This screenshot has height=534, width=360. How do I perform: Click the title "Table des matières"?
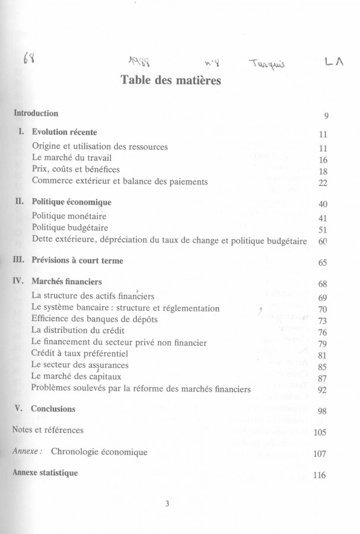171,80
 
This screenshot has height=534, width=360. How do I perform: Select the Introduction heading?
36,113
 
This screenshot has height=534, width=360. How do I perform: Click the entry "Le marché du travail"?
72,158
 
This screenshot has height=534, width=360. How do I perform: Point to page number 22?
323,183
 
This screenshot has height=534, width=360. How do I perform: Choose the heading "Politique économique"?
72,202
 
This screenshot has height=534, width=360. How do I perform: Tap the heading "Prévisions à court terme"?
78,260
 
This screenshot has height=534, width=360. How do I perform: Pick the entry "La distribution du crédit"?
78,330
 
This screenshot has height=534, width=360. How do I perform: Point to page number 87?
323,379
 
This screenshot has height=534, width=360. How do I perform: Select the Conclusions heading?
53,409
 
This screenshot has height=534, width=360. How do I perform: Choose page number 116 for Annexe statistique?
320,475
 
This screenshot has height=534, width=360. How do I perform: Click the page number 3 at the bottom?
168,504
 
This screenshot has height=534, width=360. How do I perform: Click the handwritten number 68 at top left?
28,59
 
